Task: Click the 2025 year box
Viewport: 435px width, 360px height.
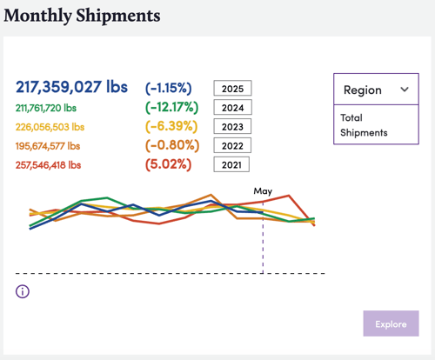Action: (x=232, y=88)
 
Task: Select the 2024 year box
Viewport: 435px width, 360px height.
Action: (x=232, y=107)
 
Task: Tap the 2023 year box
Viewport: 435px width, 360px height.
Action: (x=232, y=126)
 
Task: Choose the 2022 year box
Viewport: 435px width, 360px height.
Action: (x=232, y=145)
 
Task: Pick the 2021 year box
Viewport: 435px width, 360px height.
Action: (x=231, y=164)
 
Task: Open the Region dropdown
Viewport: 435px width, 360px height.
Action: (x=376, y=90)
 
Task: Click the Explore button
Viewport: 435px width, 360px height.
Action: (x=391, y=323)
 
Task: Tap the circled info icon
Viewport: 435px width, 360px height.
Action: (x=23, y=291)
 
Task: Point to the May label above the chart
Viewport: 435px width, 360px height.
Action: (x=263, y=191)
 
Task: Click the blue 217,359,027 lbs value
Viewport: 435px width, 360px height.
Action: (x=71, y=87)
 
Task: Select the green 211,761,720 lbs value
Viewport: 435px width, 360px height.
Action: (x=46, y=108)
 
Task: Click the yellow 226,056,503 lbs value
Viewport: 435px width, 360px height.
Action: (x=50, y=127)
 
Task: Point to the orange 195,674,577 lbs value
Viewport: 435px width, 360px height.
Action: (x=48, y=146)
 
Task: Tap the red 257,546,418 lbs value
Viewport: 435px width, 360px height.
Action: (x=48, y=165)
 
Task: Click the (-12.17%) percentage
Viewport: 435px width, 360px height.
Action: (x=171, y=107)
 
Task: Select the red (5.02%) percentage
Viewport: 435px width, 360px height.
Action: (x=168, y=164)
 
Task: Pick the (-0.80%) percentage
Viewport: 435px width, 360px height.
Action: (x=172, y=145)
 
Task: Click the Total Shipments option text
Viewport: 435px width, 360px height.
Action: (x=364, y=125)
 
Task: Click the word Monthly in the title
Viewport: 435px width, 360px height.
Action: (x=37, y=16)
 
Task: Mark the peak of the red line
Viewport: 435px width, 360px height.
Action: (x=289, y=196)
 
